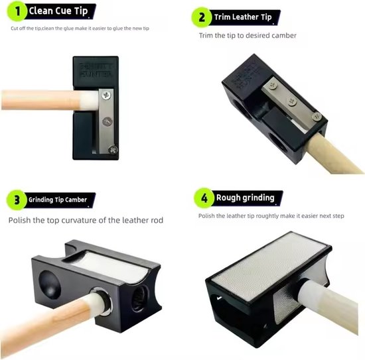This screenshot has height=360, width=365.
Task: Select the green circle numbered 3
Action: click(15, 198)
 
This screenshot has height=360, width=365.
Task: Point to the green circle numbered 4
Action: click(204, 197)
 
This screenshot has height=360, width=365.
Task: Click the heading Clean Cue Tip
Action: click(58, 11)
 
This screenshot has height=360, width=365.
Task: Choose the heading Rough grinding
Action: click(246, 197)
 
